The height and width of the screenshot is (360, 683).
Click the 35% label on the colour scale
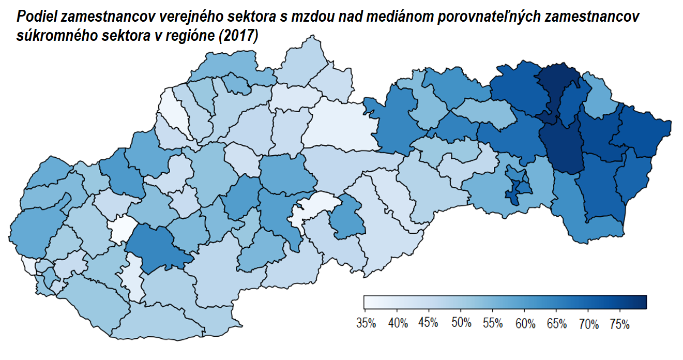point(366,324)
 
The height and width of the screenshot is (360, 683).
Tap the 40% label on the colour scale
point(398,324)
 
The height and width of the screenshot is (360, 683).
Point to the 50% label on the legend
point(461,324)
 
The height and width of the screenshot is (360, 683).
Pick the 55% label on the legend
point(493,324)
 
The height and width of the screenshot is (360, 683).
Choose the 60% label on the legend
point(525,324)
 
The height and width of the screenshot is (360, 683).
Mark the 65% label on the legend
point(556,324)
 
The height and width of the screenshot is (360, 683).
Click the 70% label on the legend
point(588,324)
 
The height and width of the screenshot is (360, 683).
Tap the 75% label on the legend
point(620,324)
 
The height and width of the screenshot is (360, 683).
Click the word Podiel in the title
point(36,17)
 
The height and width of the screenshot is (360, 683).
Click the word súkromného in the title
point(49,37)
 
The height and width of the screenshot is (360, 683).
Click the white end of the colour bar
point(368,302)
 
